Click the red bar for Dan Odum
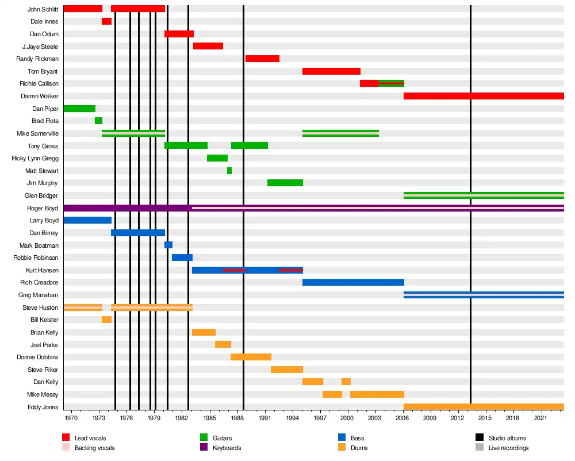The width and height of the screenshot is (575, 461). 179,34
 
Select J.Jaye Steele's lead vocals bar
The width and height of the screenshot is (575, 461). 208,46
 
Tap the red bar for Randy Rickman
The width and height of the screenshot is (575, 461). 262,59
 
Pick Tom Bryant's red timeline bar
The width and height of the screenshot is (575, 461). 331,71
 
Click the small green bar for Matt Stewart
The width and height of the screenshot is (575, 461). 229,171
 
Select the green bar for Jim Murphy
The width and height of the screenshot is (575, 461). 285,183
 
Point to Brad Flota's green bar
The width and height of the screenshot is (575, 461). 98,121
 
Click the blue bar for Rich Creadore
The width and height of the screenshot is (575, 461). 353,282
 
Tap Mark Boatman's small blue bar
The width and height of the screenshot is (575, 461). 168,245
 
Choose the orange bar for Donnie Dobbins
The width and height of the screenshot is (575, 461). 251,357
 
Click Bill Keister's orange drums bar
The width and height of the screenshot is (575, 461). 106,320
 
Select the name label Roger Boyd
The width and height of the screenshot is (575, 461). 43,208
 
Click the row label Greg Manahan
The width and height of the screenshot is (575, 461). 39,295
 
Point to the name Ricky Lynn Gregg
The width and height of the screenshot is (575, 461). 35,158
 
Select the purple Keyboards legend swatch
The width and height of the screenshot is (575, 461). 204,447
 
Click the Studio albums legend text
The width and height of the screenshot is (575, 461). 507,438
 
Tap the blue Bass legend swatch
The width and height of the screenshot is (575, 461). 342,437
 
